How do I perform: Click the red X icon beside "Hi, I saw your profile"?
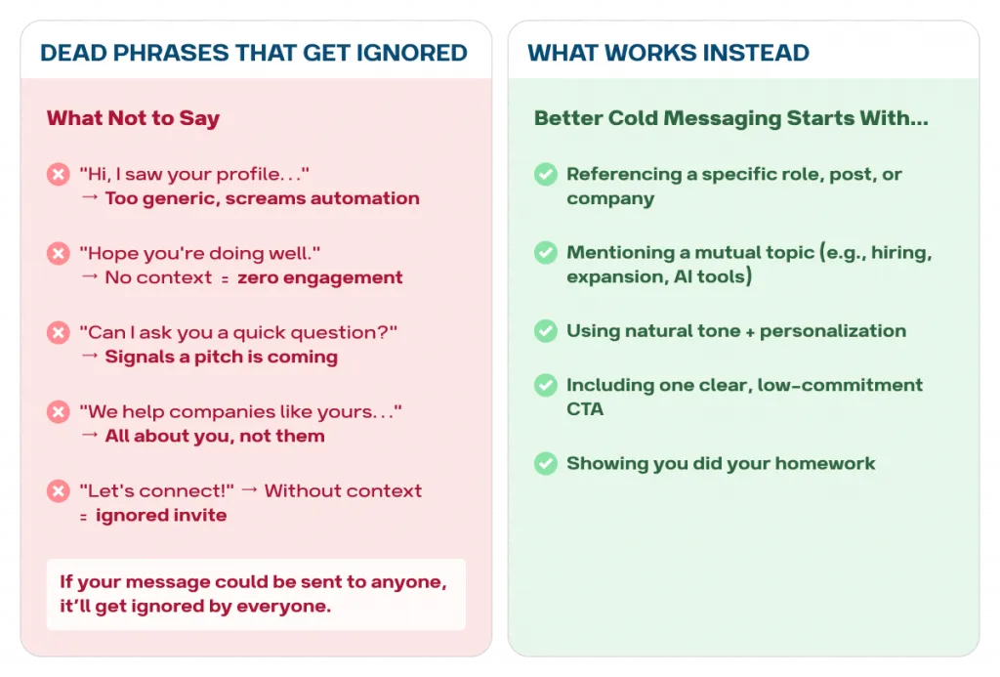tap(58, 174)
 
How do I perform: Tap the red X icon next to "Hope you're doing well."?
tap(58, 253)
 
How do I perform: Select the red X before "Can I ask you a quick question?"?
tap(58, 332)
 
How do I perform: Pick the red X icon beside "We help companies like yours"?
tap(58, 411)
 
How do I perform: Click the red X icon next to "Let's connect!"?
tap(58, 490)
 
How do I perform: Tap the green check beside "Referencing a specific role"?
tap(546, 174)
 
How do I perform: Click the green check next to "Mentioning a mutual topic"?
tap(546, 253)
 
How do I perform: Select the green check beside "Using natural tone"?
tap(546, 331)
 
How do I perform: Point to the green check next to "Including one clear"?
tap(546, 385)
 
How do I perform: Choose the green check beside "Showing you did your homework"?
tap(546, 463)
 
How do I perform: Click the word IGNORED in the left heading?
tap(411, 53)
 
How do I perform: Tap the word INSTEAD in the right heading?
tap(756, 53)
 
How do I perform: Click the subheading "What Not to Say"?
tap(133, 118)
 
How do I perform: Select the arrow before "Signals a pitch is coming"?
tap(90, 356)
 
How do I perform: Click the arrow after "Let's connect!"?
tap(250, 490)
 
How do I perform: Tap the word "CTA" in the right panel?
tap(585, 409)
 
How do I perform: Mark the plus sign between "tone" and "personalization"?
tap(750, 332)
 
